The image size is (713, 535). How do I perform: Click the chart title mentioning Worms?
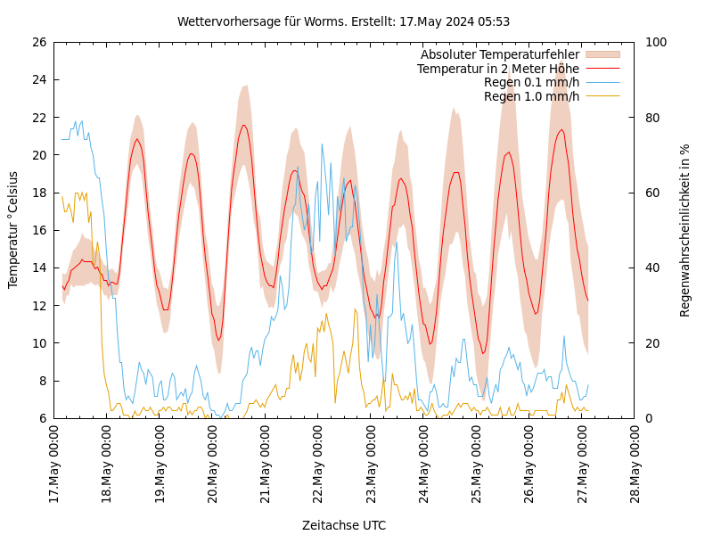(343, 21)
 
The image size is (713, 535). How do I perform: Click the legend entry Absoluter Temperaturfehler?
(499, 55)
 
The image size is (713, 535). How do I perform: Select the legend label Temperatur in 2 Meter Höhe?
(497, 69)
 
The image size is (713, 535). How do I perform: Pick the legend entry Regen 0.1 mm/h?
(531, 83)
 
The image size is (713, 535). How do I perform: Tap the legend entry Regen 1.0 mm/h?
(531, 96)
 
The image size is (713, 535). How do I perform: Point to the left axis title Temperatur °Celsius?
(13, 230)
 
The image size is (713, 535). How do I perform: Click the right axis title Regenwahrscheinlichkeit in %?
(685, 230)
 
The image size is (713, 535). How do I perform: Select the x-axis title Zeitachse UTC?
(344, 525)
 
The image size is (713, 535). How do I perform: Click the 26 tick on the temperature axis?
(38, 42)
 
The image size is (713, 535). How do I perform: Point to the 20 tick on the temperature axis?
(38, 155)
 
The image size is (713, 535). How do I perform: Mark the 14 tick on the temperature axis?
(38, 267)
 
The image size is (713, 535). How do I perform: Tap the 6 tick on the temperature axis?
(42, 418)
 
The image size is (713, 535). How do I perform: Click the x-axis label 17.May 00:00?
(54, 465)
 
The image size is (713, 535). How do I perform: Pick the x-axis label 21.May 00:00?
(266, 465)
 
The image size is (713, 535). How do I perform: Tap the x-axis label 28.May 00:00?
(635, 465)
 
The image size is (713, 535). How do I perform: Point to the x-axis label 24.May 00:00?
(424, 465)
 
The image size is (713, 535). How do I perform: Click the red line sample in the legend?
(602, 69)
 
